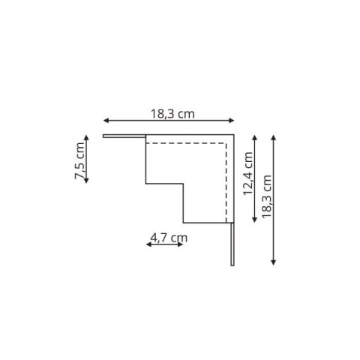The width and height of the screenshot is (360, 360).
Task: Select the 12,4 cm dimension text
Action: (x=247, y=177)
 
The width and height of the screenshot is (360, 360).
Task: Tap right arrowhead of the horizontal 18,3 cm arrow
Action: (x=235, y=121)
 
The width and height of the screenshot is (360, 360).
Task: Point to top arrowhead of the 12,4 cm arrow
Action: (x=256, y=137)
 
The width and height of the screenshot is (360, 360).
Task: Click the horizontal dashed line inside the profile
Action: (x=187, y=142)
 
